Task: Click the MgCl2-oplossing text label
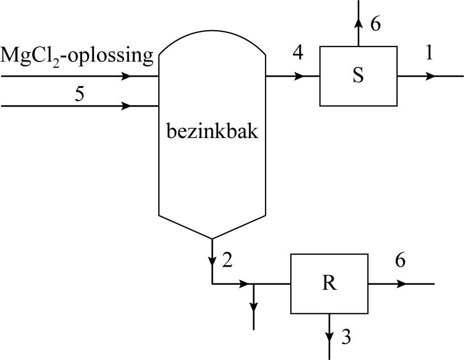pyautogui.click(x=77, y=55)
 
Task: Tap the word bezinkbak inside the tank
pyautogui.click(x=212, y=132)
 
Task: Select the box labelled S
pyautogui.click(x=358, y=76)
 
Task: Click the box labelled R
pyautogui.click(x=329, y=284)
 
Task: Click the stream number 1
pyautogui.click(x=429, y=53)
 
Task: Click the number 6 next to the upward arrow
pyautogui.click(x=375, y=25)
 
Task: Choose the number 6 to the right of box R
pyautogui.click(x=400, y=261)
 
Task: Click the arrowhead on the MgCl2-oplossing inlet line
pyautogui.click(x=126, y=76)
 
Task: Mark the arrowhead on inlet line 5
pyautogui.click(x=126, y=106)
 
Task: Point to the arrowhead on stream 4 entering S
pyautogui.click(x=299, y=76)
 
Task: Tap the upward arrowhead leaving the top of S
pyautogui.click(x=358, y=23)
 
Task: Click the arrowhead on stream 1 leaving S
pyautogui.click(x=430, y=76)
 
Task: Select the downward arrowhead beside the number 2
pyautogui.click(x=212, y=260)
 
